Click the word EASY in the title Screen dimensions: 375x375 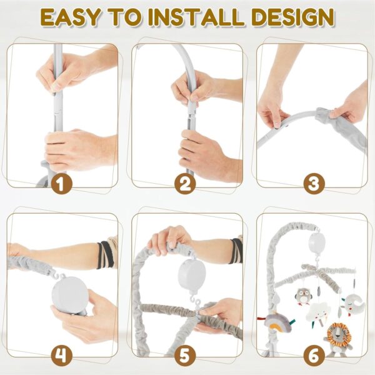[71, 17]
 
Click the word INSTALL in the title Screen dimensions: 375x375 [197, 17]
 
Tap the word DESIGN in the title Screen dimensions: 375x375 [292, 17]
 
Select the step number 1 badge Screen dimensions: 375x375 [62, 184]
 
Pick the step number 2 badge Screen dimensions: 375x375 [185, 184]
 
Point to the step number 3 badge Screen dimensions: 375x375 [314, 184]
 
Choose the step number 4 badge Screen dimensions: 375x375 [62, 356]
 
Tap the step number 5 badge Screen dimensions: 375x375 [185, 356]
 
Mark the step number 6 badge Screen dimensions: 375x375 [314, 356]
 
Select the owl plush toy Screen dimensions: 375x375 [304, 296]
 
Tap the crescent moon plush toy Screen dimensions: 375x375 [354, 304]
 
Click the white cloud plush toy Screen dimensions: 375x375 [318, 312]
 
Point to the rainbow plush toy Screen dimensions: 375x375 [278, 322]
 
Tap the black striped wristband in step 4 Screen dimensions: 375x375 [106, 255]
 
